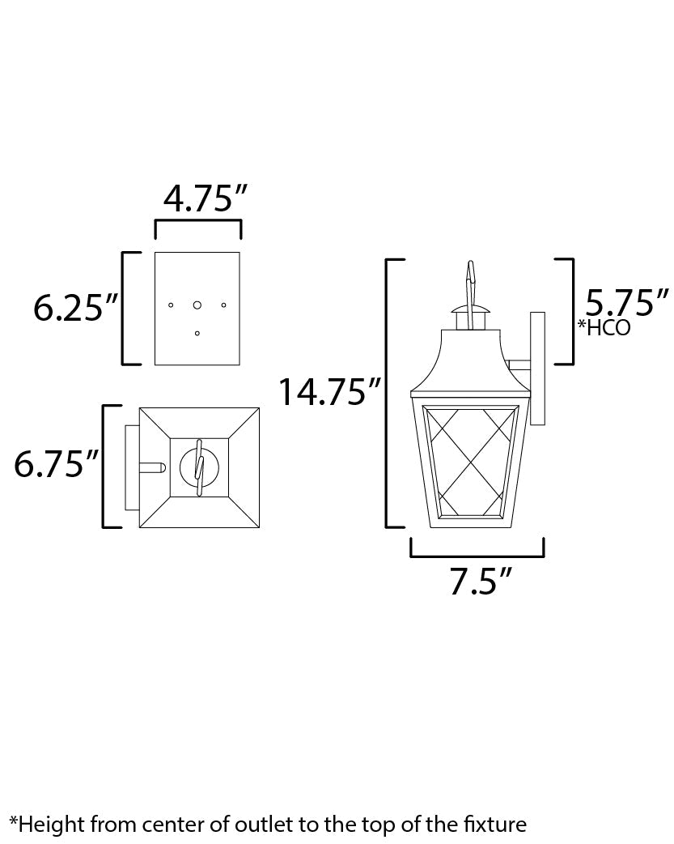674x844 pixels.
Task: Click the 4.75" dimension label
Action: click(205, 198)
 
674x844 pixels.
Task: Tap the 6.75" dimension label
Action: click(57, 463)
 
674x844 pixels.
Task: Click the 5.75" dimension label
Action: click(626, 302)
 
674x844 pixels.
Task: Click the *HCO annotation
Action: click(604, 327)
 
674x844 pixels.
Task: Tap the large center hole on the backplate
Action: click(197, 305)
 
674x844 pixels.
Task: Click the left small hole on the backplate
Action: click(171, 305)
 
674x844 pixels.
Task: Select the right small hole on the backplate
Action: click(224, 305)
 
